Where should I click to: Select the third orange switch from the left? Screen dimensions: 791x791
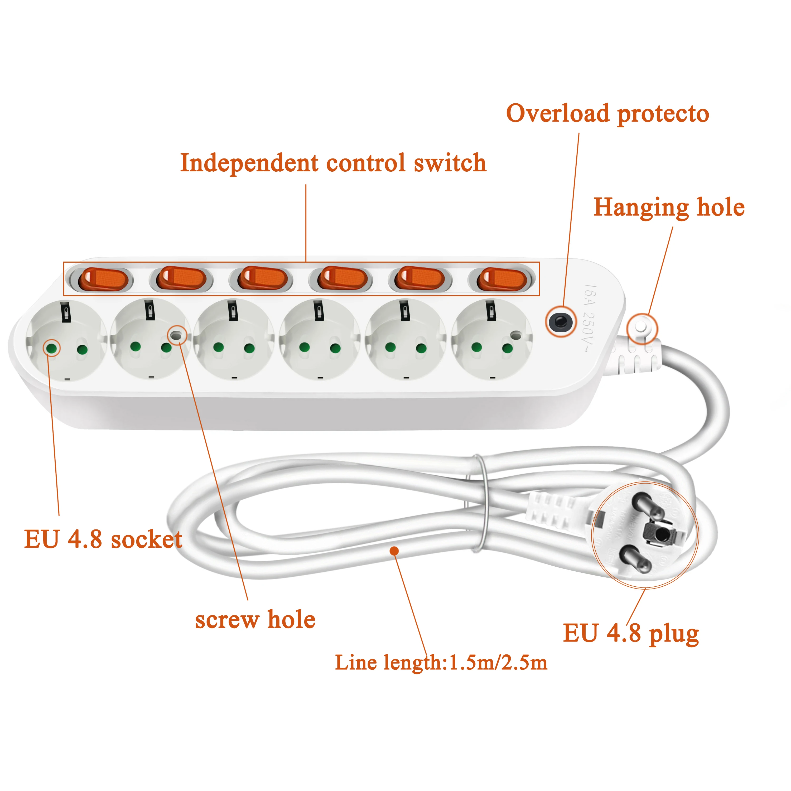point(262,278)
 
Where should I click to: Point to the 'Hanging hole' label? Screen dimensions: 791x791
point(669,208)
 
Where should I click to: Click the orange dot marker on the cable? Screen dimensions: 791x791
point(394,551)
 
